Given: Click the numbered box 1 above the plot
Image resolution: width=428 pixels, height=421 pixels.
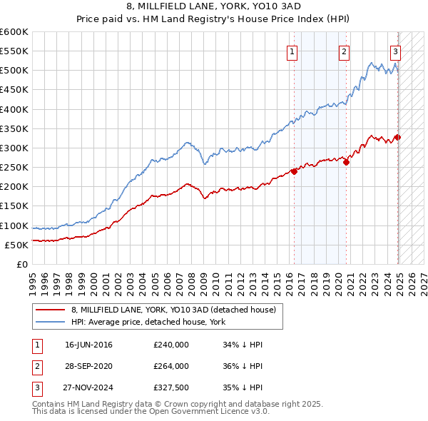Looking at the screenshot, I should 293,51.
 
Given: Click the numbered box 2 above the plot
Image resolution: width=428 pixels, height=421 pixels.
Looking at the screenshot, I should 344,51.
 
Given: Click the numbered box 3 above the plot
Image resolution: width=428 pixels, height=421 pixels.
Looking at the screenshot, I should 395,51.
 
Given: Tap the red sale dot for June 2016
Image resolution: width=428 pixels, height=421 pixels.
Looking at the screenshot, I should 294,171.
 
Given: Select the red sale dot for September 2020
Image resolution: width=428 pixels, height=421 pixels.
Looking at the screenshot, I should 346,162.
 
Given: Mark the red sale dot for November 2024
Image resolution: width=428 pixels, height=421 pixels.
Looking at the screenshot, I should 397,138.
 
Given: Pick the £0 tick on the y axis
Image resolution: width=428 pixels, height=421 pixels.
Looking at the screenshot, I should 22,264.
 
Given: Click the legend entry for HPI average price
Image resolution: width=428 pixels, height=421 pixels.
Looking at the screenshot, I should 148,322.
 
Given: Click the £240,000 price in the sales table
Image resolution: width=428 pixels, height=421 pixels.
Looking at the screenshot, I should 171,345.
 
